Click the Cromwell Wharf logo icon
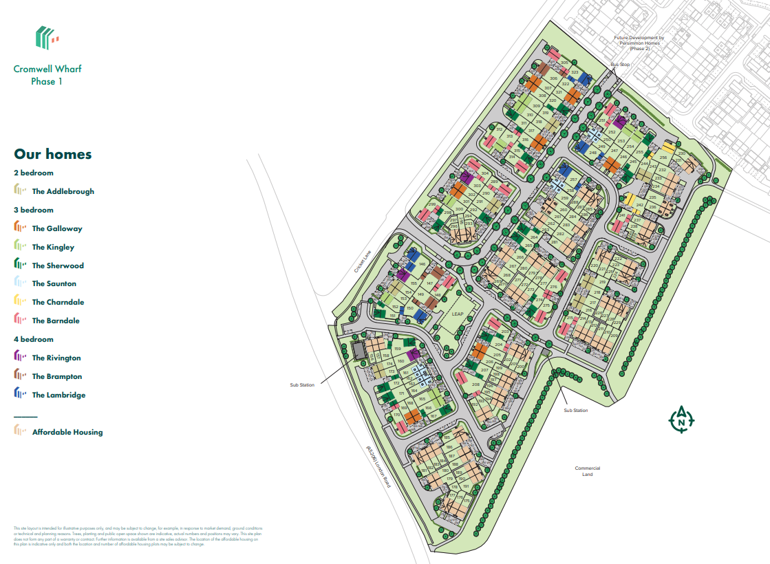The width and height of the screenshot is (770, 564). [47, 38]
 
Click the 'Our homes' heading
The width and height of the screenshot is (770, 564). [52, 154]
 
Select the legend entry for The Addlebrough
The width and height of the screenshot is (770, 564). [63, 191]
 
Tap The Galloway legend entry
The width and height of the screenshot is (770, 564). [56, 228]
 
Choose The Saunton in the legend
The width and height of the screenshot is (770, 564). [54, 283]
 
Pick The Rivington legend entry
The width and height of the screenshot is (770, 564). [56, 358]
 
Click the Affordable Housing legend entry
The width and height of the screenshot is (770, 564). [67, 432]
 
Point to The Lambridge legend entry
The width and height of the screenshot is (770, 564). [58, 395]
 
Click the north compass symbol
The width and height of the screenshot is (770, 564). [681, 419]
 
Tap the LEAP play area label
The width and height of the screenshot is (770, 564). [458, 314]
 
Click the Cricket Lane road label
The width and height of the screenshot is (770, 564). [363, 260]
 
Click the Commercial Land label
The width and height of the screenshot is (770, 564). [587, 471]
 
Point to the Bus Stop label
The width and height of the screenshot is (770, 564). [620, 64]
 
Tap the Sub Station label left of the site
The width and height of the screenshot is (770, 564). [302, 384]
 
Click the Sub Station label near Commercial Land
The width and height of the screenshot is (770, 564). [575, 411]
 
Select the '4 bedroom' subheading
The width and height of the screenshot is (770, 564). [34, 339]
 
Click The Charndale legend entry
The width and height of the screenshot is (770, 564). [57, 302]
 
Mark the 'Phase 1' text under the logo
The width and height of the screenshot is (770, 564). [47, 82]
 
